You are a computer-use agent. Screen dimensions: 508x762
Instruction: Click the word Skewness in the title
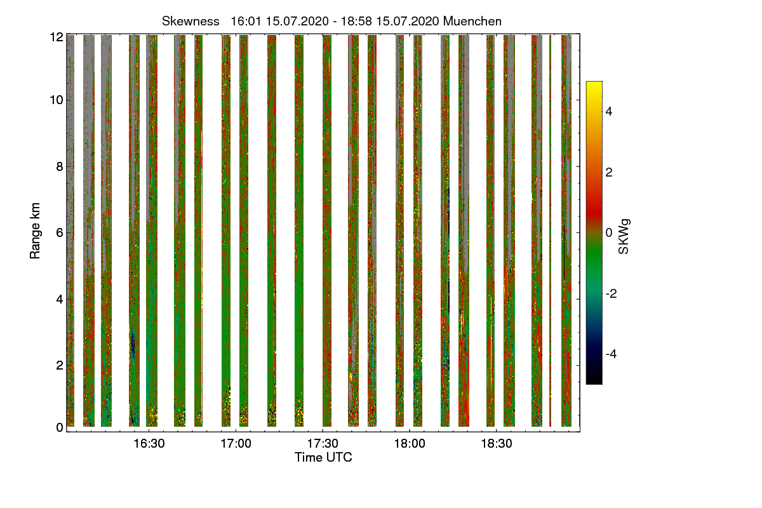pyautogui.click(x=190, y=21)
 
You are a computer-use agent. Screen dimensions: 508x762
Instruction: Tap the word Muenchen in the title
pyautogui.click(x=472, y=21)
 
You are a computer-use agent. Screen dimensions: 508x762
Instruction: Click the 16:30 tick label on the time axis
pyautogui.click(x=149, y=444)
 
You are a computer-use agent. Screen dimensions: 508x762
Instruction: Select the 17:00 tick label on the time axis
pyautogui.click(x=236, y=444)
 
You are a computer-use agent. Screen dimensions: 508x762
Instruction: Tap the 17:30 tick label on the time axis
pyautogui.click(x=323, y=444)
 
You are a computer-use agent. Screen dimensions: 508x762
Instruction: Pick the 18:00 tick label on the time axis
pyautogui.click(x=410, y=444)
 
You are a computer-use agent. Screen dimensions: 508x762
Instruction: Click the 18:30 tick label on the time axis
pyautogui.click(x=497, y=444)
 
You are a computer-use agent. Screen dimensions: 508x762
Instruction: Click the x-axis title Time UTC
pyautogui.click(x=323, y=457)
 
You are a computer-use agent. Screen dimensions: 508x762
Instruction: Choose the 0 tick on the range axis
pyautogui.click(x=60, y=427)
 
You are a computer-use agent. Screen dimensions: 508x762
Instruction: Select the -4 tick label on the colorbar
pyautogui.click(x=612, y=354)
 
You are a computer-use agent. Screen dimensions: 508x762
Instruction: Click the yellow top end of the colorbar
pyautogui.click(x=594, y=86)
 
